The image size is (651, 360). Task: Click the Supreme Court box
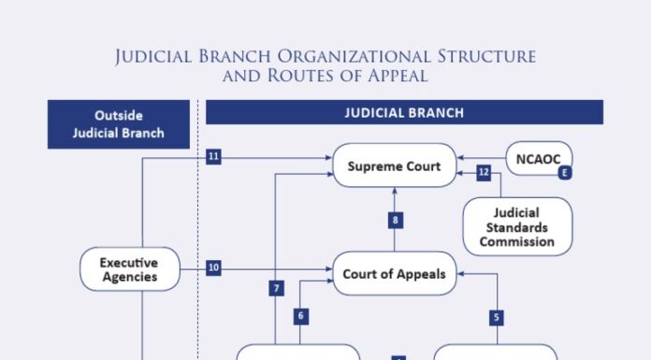[394, 166]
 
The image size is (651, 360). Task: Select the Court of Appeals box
[394, 274]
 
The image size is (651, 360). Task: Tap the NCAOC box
[540, 159]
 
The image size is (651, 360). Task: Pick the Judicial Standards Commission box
[517, 226]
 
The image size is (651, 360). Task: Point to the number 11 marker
[213, 157]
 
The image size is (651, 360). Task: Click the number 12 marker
[484, 172]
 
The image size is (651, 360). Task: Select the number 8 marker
[396, 221]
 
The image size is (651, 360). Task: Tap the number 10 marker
[213, 268]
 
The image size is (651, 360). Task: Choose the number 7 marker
[277, 289]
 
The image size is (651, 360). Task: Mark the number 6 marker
[301, 316]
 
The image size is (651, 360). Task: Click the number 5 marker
[497, 317]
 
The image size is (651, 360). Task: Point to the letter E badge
[564, 173]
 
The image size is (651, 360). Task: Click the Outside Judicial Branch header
[119, 124]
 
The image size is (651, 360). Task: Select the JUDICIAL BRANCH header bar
[404, 113]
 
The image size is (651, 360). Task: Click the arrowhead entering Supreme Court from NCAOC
[460, 159]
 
